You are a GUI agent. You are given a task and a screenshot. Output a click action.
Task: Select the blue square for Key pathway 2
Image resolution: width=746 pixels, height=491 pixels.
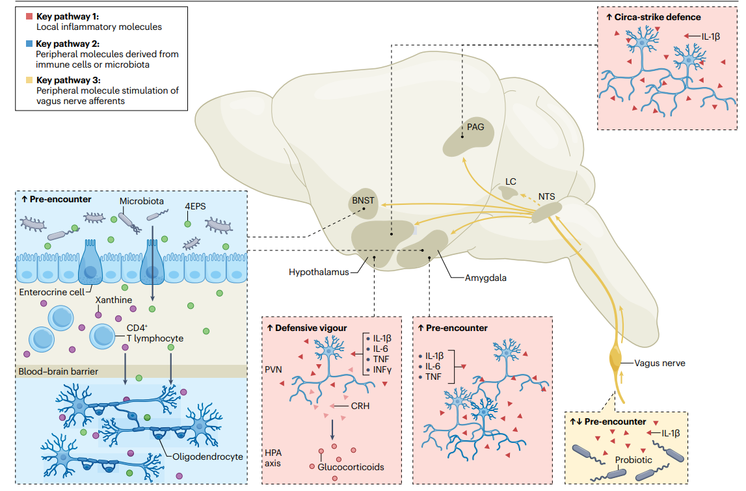coord(29,44)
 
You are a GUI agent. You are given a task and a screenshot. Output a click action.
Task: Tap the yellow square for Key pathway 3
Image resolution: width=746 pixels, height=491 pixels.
coord(29,81)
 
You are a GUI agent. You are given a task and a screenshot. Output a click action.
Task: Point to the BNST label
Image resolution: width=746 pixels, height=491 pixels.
coord(363,200)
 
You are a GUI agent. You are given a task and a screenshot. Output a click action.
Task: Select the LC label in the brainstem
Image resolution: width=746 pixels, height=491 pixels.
coord(511,181)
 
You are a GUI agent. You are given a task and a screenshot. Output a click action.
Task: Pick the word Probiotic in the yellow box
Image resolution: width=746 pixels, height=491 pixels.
coord(633,460)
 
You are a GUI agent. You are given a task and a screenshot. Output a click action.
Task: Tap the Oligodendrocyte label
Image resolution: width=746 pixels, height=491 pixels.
coord(207,456)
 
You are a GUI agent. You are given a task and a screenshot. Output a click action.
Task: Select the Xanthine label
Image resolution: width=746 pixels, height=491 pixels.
coord(114,300)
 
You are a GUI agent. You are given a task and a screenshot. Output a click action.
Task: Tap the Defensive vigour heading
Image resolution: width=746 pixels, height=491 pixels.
coord(310,328)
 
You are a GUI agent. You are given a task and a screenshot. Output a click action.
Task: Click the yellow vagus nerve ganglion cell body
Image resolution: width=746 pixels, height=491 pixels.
coord(615,360)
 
